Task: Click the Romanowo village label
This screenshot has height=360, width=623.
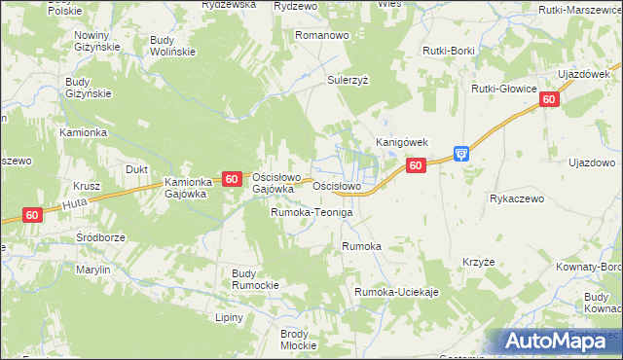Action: click(322, 35)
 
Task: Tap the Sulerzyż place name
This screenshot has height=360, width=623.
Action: click(348, 81)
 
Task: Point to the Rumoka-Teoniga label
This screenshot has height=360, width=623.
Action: click(311, 212)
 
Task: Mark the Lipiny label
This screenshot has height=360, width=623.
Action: click(231, 317)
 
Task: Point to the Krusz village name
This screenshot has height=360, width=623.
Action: click(88, 185)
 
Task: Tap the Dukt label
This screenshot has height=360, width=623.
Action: click(137, 169)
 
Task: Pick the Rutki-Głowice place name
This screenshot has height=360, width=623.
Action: click(504, 89)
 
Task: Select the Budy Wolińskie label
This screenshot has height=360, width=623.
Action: click(173, 46)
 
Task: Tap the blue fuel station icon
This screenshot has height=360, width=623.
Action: click(461, 154)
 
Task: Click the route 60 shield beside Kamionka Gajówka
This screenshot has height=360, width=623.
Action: click(232, 179)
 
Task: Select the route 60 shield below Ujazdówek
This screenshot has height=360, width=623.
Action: click(550, 99)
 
